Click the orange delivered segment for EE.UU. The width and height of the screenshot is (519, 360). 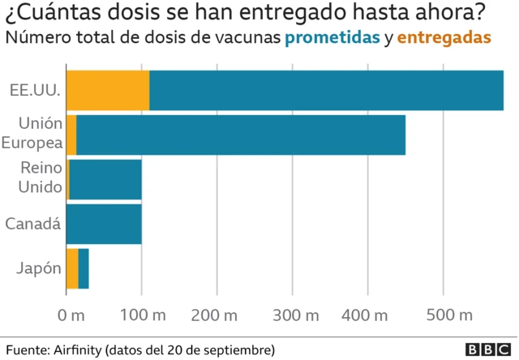(x=107, y=90)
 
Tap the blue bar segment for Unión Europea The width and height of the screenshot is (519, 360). (x=241, y=135)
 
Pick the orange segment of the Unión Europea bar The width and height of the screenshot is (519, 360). (x=71, y=135)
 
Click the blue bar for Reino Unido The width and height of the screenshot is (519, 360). (x=106, y=179)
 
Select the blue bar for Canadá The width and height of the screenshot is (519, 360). (x=104, y=224)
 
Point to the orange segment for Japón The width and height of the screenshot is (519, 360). (x=72, y=268)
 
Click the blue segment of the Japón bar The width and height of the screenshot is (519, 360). (x=84, y=268)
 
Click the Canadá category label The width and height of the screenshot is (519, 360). (x=33, y=224)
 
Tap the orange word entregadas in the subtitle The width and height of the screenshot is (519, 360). (x=444, y=38)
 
